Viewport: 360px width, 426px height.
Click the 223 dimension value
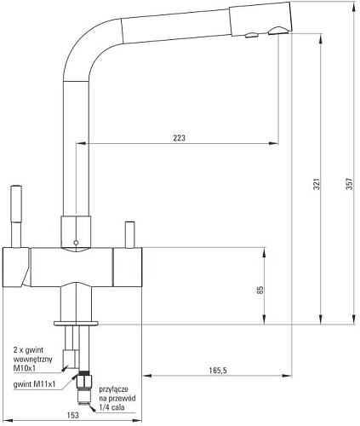[x=179, y=138]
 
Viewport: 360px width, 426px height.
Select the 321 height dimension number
[x=317, y=184]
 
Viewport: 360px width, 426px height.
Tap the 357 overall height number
[x=350, y=184]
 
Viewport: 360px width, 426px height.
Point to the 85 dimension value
[x=260, y=290]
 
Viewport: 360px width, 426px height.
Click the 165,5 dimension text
[x=218, y=371]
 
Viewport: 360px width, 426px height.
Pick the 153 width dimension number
[x=72, y=415]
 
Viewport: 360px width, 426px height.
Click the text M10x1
[x=25, y=368]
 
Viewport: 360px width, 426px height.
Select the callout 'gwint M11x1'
[x=34, y=384]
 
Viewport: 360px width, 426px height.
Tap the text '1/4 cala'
[x=111, y=407]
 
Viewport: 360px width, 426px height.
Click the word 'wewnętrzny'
[x=33, y=360]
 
